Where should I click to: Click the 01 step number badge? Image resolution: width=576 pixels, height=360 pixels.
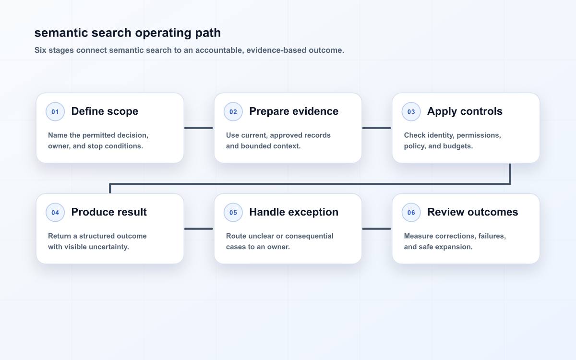(55, 111)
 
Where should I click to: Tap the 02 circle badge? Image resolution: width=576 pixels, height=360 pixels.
(233, 111)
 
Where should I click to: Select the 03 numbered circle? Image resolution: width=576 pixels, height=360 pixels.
(411, 111)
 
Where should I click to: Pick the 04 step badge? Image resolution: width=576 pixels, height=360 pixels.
(55, 212)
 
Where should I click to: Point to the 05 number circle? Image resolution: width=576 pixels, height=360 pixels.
(233, 212)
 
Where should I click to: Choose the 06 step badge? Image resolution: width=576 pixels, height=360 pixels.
(411, 212)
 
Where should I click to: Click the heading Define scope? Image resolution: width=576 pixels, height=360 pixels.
(105, 111)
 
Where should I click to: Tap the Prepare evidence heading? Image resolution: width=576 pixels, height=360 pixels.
(294, 111)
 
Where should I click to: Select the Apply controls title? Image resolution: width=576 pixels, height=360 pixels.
(465, 111)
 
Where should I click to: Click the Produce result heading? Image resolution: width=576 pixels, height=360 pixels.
(109, 212)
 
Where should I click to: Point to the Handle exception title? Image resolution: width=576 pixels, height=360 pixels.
(294, 212)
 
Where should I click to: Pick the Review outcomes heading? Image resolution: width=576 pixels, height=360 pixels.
(473, 212)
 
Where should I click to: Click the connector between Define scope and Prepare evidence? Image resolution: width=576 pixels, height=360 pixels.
(199, 128)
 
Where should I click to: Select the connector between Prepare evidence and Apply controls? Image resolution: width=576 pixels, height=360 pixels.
(377, 128)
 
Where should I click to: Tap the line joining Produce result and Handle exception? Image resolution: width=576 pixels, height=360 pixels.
(199, 228)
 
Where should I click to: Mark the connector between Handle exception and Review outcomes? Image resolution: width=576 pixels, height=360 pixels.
(377, 228)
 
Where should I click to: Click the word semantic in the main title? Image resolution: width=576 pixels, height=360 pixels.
(61, 33)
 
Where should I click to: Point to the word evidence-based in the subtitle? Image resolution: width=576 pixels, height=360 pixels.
(276, 50)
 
